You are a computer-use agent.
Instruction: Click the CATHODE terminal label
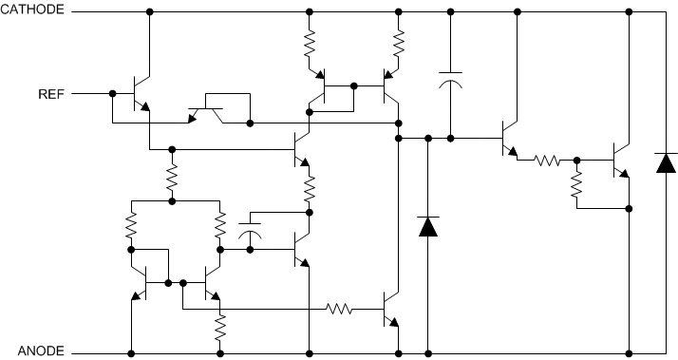click(x=33, y=10)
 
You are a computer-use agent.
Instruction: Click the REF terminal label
click(x=51, y=94)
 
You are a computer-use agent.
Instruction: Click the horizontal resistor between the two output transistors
click(x=548, y=161)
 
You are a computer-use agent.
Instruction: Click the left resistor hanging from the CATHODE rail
click(x=309, y=42)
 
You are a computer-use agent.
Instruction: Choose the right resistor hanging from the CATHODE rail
click(x=398, y=42)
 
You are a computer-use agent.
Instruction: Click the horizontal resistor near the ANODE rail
click(x=340, y=309)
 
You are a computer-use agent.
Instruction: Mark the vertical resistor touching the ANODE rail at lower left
click(x=219, y=330)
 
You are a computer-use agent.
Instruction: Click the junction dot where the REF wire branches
click(x=112, y=94)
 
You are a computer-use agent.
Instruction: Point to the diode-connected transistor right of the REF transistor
click(x=204, y=114)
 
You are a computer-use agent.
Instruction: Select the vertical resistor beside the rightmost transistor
click(x=575, y=187)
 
